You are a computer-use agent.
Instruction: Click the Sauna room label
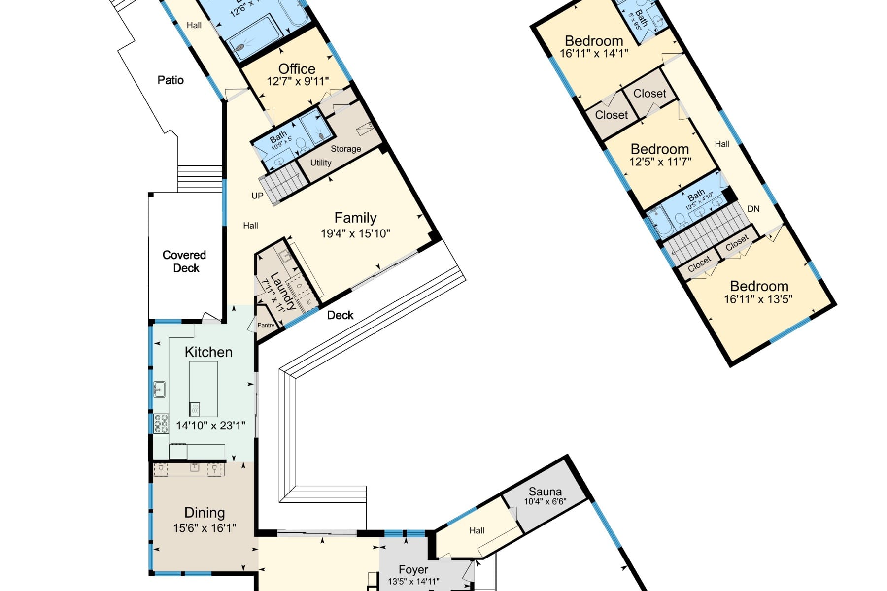(x=545, y=492)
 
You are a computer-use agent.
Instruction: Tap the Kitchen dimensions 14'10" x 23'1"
(x=210, y=426)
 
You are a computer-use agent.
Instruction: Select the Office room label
(x=297, y=69)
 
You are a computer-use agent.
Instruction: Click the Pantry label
(x=266, y=325)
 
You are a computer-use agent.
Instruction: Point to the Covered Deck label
(x=185, y=262)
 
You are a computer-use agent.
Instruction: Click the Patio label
(x=171, y=80)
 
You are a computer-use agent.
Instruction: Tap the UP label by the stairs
(x=257, y=196)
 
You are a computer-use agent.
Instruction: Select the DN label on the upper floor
(x=753, y=209)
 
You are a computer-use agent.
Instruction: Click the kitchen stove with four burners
(x=161, y=424)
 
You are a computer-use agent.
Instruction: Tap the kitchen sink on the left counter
(x=159, y=389)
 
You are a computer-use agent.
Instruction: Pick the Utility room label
(x=320, y=163)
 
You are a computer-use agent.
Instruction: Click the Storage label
(x=345, y=149)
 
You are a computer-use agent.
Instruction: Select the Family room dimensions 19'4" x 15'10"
(x=355, y=233)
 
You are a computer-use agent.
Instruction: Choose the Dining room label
(x=205, y=513)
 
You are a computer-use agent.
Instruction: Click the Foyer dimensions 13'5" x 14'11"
(x=413, y=581)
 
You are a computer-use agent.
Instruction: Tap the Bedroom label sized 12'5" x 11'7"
(x=660, y=149)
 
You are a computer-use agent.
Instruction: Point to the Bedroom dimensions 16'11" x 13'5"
(x=758, y=299)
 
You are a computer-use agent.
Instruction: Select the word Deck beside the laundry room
(x=340, y=315)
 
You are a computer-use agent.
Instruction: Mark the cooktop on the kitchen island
(x=195, y=409)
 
